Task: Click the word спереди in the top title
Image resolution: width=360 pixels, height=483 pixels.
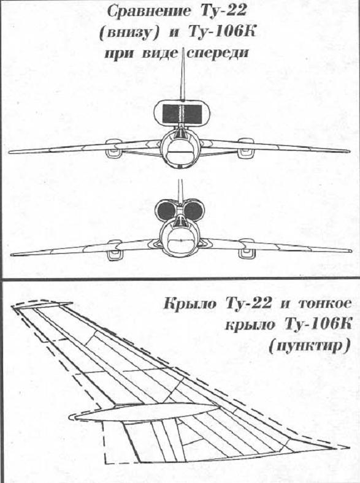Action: click(218, 53)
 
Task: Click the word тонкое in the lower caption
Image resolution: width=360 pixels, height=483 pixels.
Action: click(324, 304)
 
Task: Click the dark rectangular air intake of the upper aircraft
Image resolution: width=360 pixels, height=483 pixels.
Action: click(182, 114)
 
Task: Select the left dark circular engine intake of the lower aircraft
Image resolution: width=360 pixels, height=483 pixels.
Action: click(167, 211)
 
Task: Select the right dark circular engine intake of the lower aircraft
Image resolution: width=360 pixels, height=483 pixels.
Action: click(193, 210)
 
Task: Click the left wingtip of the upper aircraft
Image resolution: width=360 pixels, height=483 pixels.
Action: click(10, 152)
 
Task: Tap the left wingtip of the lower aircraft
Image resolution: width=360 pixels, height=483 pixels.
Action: click(13, 254)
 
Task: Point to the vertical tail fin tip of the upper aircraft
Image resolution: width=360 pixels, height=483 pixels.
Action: click(183, 48)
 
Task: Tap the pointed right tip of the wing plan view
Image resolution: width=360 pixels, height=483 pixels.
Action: click(350, 447)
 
